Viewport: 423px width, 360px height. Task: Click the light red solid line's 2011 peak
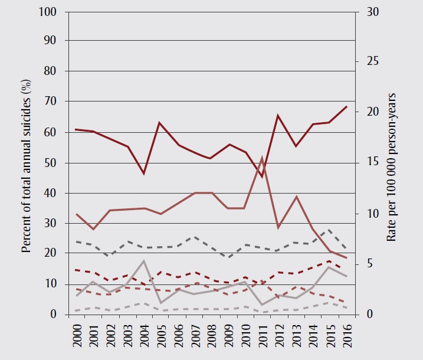coord(262,158)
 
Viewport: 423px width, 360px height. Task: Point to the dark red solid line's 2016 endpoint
coord(346,106)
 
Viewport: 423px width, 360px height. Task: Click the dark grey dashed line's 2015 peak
coord(329,230)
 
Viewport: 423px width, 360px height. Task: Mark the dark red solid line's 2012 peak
coord(278,116)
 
